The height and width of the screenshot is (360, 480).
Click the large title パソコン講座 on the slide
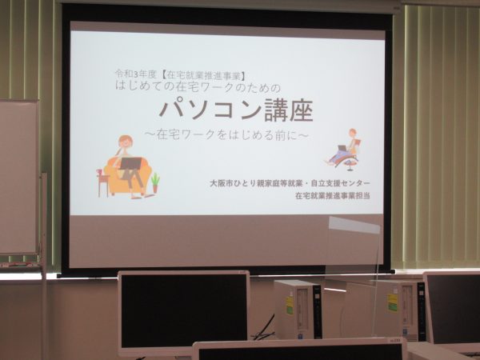point(236,110)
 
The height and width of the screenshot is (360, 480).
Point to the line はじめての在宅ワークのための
point(198,87)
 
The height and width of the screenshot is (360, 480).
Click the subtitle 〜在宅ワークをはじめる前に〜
point(226,134)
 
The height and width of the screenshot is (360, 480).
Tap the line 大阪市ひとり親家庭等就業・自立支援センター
point(290,183)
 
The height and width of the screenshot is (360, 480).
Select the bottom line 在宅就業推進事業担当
point(333,195)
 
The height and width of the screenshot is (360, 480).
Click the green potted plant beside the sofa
point(155,182)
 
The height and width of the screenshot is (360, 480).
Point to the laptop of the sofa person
point(130,163)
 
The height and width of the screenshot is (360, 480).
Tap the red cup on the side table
point(99,172)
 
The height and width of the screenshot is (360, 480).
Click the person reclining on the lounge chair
point(345,147)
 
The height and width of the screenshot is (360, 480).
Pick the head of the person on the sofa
point(126,143)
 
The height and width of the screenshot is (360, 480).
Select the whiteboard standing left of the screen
point(19,177)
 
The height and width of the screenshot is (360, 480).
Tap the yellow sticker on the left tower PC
point(290,305)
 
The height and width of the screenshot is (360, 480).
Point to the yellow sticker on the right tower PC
point(392,302)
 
